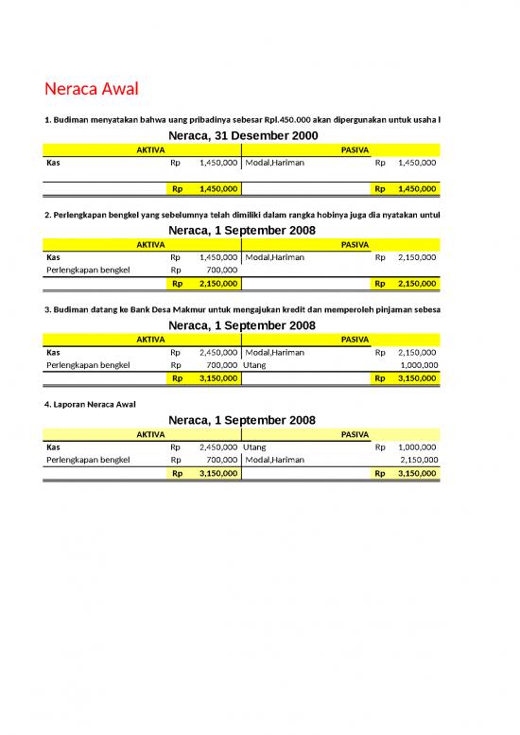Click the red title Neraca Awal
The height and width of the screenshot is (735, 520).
92,90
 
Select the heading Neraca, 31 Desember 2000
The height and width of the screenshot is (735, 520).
242,136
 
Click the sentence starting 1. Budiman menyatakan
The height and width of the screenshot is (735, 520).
241,119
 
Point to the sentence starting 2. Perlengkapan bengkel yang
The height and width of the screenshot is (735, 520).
241,215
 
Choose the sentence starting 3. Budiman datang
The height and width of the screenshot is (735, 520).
241,309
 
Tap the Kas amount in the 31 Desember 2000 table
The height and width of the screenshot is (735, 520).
218,163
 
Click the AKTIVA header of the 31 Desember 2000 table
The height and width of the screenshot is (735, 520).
150,149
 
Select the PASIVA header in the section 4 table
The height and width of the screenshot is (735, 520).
355,433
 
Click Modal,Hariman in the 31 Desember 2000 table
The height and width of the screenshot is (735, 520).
275,163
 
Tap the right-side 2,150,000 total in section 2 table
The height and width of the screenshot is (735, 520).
418,283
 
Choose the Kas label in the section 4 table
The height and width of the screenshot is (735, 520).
54,446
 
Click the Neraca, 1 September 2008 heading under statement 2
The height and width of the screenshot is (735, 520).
242,231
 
